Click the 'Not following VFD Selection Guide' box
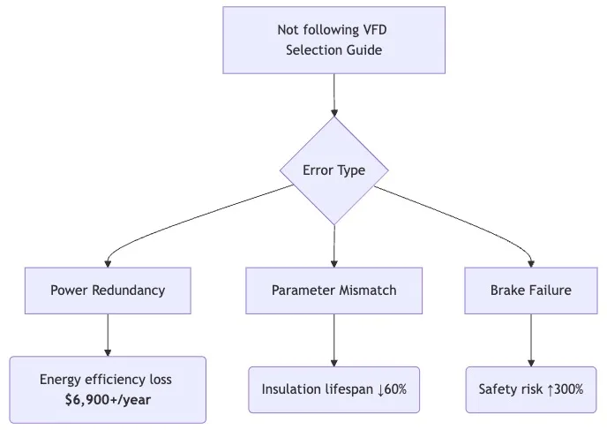click(333, 41)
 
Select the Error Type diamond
click(333, 170)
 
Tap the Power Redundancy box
click(108, 290)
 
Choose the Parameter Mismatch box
click(333, 290)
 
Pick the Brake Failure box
click(530, 290)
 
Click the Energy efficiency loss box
click(108, 389)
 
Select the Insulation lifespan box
click(333, 389)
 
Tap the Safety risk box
click(530, 389)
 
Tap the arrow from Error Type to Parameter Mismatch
click(333, 243)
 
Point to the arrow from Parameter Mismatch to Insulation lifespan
click(333, 339)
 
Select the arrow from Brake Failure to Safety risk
click(530, 339)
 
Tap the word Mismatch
click(363, 290)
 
